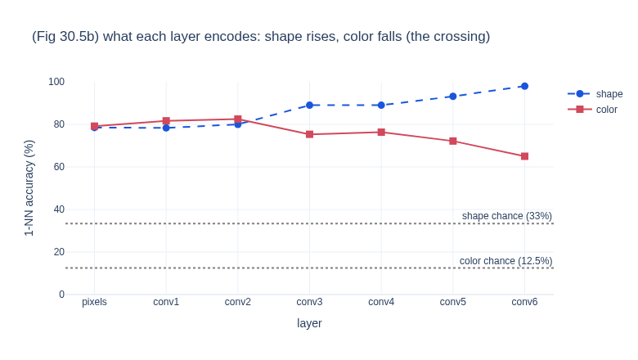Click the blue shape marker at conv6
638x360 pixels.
pyautogui.click(x=524, y=86)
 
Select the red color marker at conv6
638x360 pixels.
pyautogui.click(x=524, y=156)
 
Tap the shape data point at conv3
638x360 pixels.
pyautogui.click(x=310, y=106)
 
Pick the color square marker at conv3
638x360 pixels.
pyautogui.click(x=310, y=134)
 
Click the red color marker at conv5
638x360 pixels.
pyautogui.click(x=453, y=142)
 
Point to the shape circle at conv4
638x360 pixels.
pyautogui.click(x=381, y=106)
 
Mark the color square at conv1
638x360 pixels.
pyautogui.click(x=166, y=121)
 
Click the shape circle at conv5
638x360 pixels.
pyautogui.click(x=453, y=97)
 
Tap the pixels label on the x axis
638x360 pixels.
pyautogui.click(x=94, y=302)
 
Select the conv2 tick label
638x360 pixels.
pyautogui.click(x=238, y=302)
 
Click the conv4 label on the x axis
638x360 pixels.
pyautogui.click(x=381, y=302)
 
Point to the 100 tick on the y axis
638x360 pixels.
pyautogui.click(x=56, y=82)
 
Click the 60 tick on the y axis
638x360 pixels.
pyautogui.click(x=59, y=167)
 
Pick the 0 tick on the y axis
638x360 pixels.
pyautogui.click(x=62, y=294)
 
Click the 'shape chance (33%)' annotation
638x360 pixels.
pyautogui.click(x=507, y=216)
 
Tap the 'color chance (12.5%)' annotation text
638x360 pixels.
pyautogui.click(x=505, y=261)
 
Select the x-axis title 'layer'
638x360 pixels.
pyautogui.click(x=309, y=323)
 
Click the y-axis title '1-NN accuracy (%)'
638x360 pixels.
pyautogui.click(x=29, y=188)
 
